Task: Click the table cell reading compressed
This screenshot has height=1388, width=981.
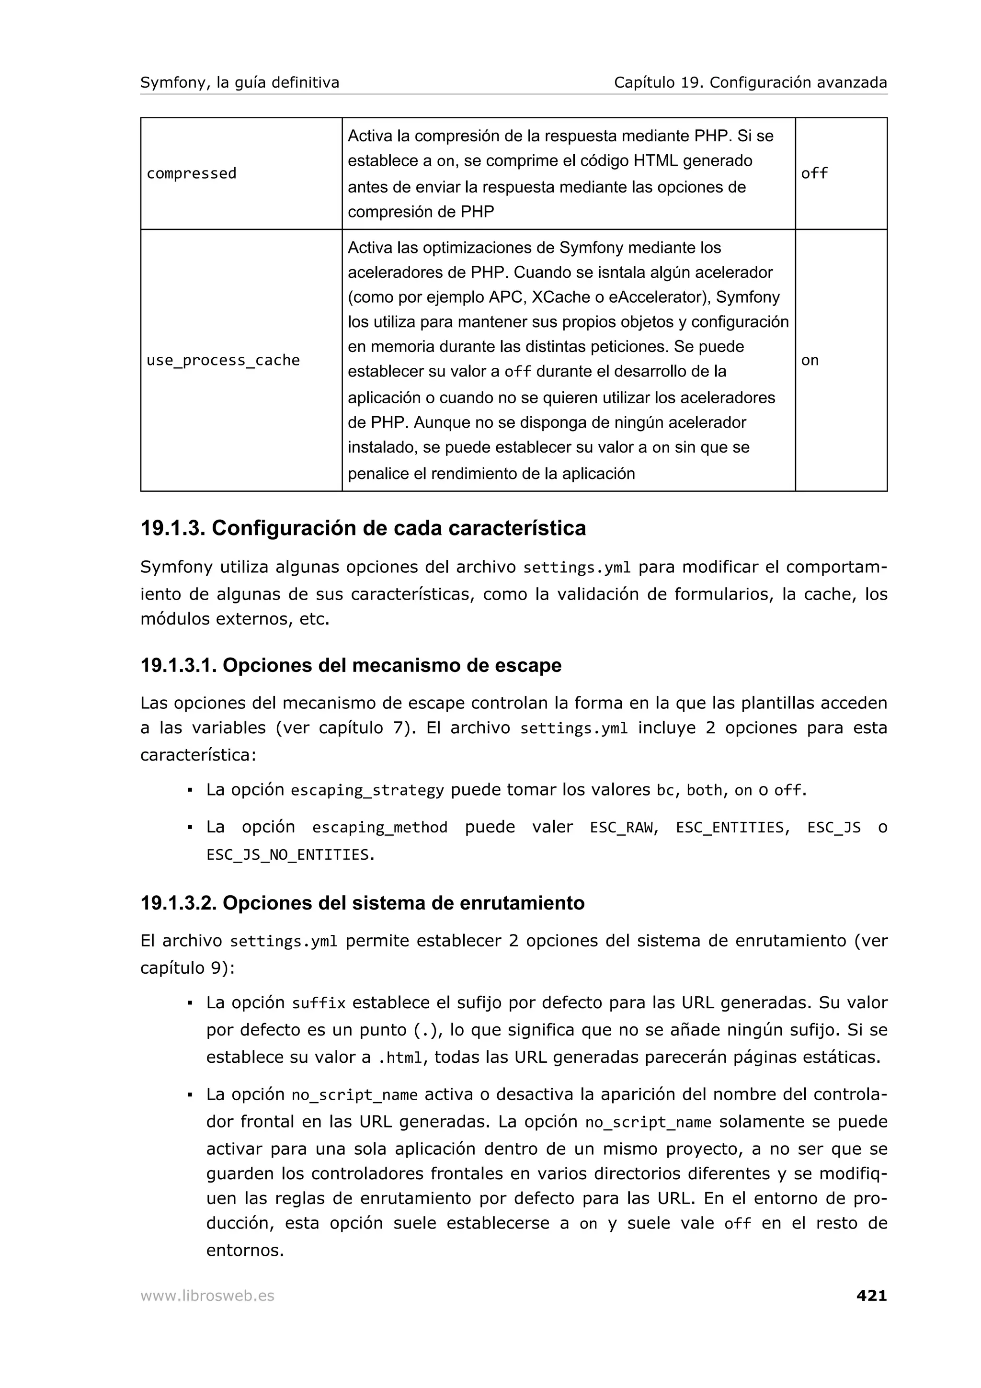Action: click(191, 173)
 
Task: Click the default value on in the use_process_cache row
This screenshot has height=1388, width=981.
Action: click(810, 360)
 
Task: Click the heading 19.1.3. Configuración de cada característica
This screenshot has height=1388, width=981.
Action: click(363, 528)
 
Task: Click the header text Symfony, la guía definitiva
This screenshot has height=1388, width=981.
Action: click(240, 82)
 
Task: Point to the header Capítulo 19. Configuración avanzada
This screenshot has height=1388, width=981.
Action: click(750, 82)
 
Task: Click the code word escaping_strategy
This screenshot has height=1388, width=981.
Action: click(367, 790)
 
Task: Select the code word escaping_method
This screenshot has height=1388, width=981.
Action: click(379, 827)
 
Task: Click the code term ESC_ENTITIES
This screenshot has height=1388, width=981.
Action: click(730, 827)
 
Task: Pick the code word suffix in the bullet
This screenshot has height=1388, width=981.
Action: click(319, 1003)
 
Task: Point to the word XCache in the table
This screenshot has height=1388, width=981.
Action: click(559, 297)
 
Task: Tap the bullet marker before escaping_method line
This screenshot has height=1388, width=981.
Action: click(190, 827)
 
